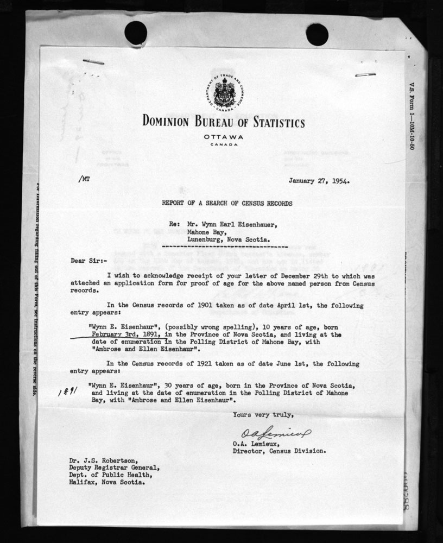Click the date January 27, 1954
tap(319, 181)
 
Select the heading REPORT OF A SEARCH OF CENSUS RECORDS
tap(226, 203)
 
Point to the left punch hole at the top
tap(136, 33)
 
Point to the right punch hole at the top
tap(317, 34)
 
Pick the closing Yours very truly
tap(263, 415)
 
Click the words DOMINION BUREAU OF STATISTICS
tap(223, 121)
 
